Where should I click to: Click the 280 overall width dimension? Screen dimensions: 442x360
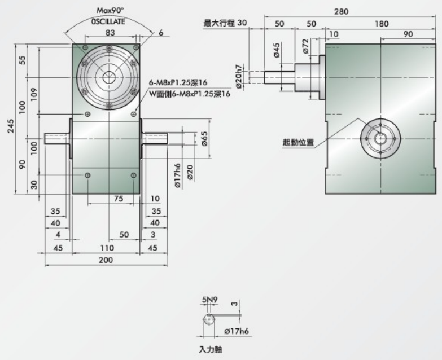click(x=341, y=11)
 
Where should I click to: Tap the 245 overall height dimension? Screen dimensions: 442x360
click(x=10, y=126)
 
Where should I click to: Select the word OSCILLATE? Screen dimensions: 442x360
click(x=108, y=21)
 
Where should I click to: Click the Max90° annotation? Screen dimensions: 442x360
click(x=110, y=10)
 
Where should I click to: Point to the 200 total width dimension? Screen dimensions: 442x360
click(x=106, y=260)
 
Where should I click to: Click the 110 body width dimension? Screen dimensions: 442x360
click(x=107, y=248)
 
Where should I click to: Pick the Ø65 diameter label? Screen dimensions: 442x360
click(x=204, y=139)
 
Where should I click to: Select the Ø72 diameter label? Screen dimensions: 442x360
click(x=305, y=46)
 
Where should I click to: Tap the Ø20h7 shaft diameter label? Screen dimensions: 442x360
click(x=238, y=77)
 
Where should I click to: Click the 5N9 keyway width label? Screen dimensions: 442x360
click(x=210, y=300)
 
